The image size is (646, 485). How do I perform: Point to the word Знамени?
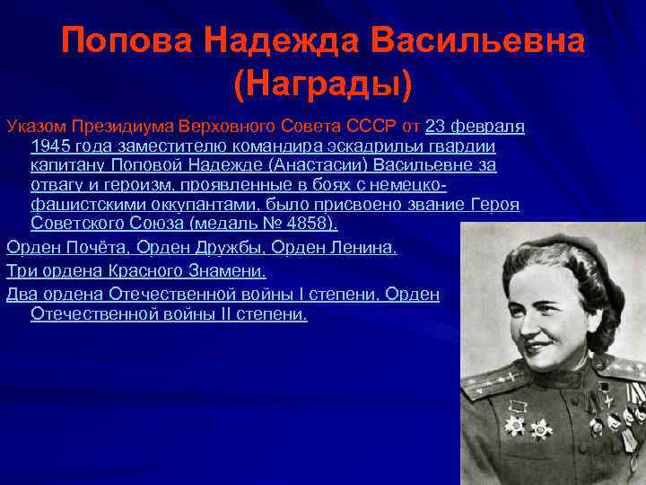click(225, 270)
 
